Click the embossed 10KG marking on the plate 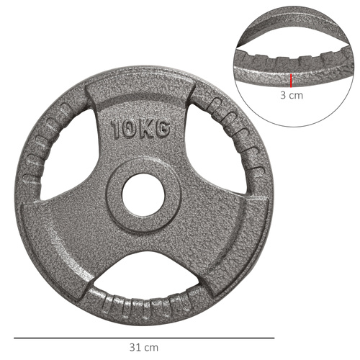point(141,130)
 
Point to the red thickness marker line point(291,78)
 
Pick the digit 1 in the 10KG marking point(116,130)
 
